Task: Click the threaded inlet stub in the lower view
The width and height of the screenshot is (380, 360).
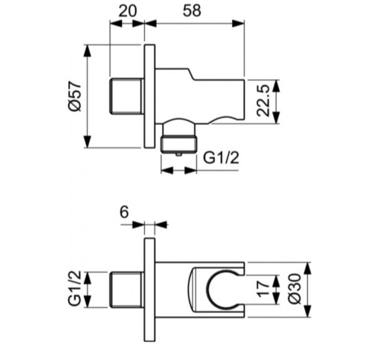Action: click(126, 288)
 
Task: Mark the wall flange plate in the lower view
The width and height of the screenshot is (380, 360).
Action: click(149, 288)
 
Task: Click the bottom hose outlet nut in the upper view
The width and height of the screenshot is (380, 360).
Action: click(179, 141)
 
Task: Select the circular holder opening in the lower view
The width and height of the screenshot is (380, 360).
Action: click(220, 289)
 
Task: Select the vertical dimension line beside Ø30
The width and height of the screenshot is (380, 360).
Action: click(305, 288)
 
